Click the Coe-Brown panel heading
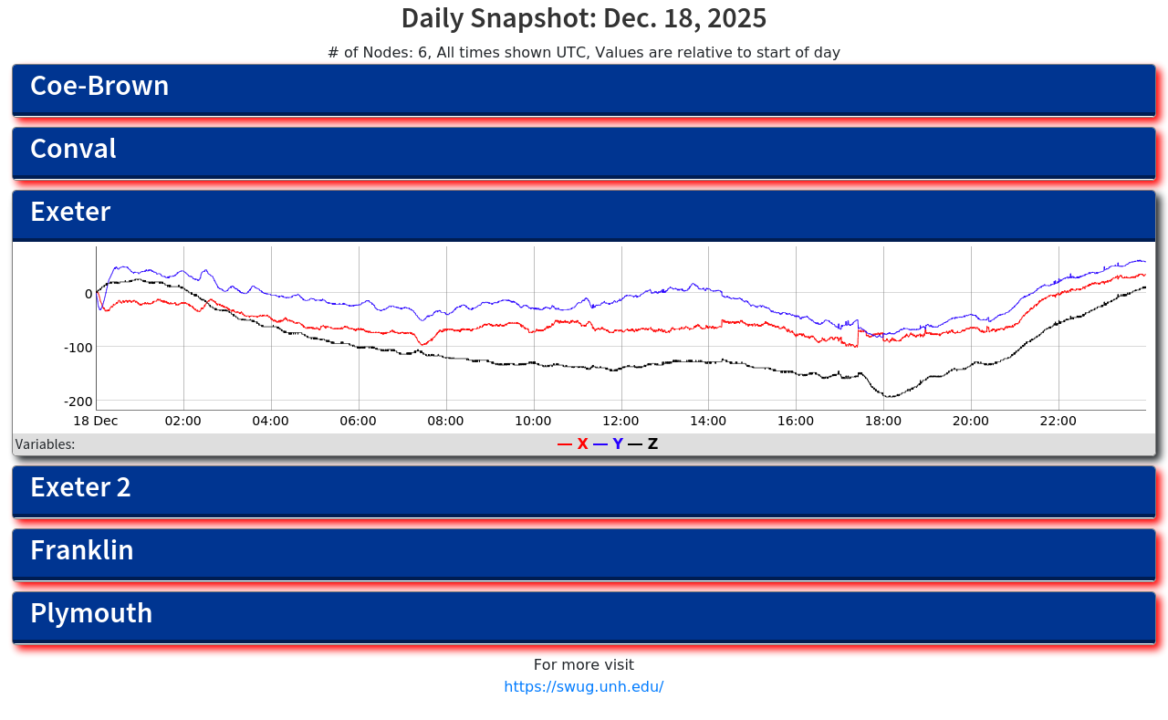[x=99, y=86]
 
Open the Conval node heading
[x=73, y=149]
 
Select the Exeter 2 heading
[x=80, y=487]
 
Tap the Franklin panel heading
[x=82, y=550]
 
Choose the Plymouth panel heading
[x=91, y=613]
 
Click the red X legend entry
[x=574, y=444]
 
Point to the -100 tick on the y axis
[x=78, y=347]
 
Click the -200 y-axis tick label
[x=78, y=402]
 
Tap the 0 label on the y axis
[x=89, y=294]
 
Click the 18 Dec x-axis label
[x=96, y=421]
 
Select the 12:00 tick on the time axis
[x=620, y=421]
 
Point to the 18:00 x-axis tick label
[x=883, y=421]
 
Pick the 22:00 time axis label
[x=1058, y=421]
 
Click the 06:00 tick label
[x=358, y=421]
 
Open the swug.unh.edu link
[x=584, y=687]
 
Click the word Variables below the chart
[x=45, y=444]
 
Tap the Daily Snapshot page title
[x=584, y=18]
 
